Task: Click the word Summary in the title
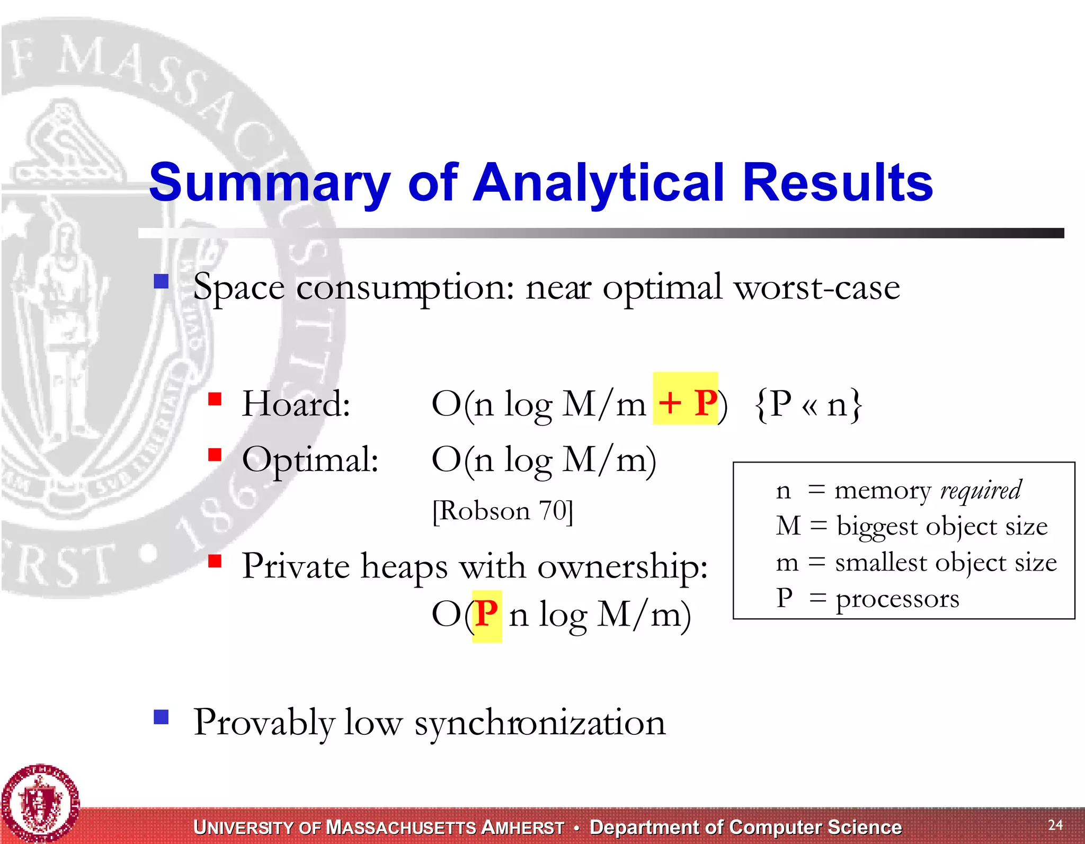[269, 183]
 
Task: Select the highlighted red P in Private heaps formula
[486, 614]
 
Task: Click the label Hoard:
[296, 404]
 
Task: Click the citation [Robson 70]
[502, 511]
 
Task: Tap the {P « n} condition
[808, 404]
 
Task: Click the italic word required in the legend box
[980, 491]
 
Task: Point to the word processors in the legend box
[897, 599]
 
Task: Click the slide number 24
[1055, 824]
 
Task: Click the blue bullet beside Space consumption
[161, 281]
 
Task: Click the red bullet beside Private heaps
[215, 561]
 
